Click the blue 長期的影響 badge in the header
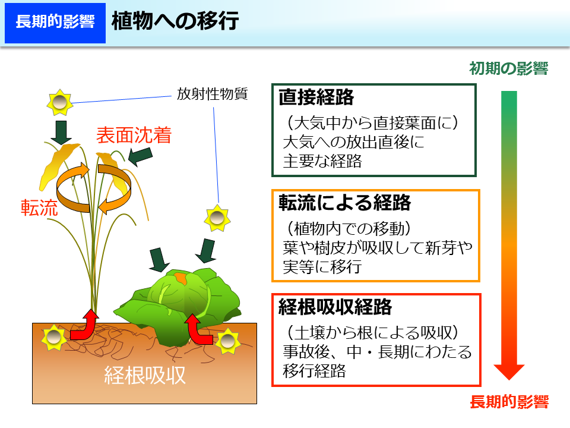click(x=55, y=22)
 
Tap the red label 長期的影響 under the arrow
click(x=509, y=402)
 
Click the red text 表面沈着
click(x=134, y=136)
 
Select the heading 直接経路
click(x=316, y=97)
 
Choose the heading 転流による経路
click(x=345, y=203)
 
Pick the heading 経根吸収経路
click(x=335, y=307)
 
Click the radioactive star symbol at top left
click(x=59, y=103)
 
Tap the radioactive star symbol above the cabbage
click(x=217, y=219)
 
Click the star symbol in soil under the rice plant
click(x=54, y=339)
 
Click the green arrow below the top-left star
click(x=61, y=132)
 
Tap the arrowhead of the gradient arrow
click(x=509, y=372)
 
